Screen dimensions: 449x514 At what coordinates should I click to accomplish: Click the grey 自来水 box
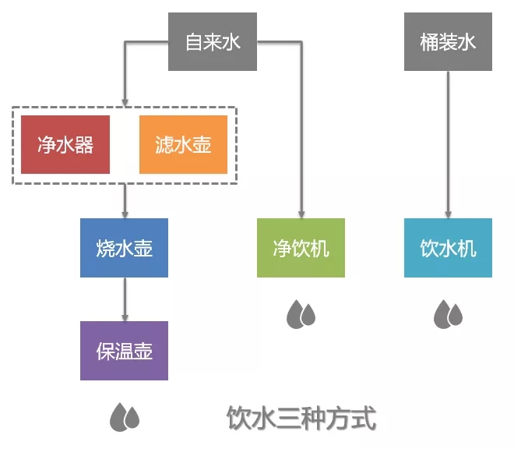[213, 42]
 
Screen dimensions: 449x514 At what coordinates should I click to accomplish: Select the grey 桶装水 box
[448, 42]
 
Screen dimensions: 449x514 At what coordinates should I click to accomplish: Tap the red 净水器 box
[65, 144]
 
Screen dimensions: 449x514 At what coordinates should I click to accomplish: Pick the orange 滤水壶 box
[183, 144]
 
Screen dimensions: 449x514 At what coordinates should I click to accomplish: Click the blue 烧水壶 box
[124, 248]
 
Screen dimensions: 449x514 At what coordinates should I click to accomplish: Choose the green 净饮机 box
[301, 248]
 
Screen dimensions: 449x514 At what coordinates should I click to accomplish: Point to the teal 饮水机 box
[448, 248]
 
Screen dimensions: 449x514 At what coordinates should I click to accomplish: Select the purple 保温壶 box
[124, 351]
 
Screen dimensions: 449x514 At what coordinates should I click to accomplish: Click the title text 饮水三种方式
[301, 419]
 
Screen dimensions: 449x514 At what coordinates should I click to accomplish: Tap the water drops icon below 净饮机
[301, 313]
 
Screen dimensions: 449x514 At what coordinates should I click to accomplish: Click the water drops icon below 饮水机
[448, 313]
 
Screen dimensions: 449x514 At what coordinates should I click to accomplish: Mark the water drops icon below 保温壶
[124, 417]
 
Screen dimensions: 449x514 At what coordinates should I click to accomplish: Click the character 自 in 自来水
[194, 42]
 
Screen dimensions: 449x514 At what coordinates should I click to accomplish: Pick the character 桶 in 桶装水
[429, 42]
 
